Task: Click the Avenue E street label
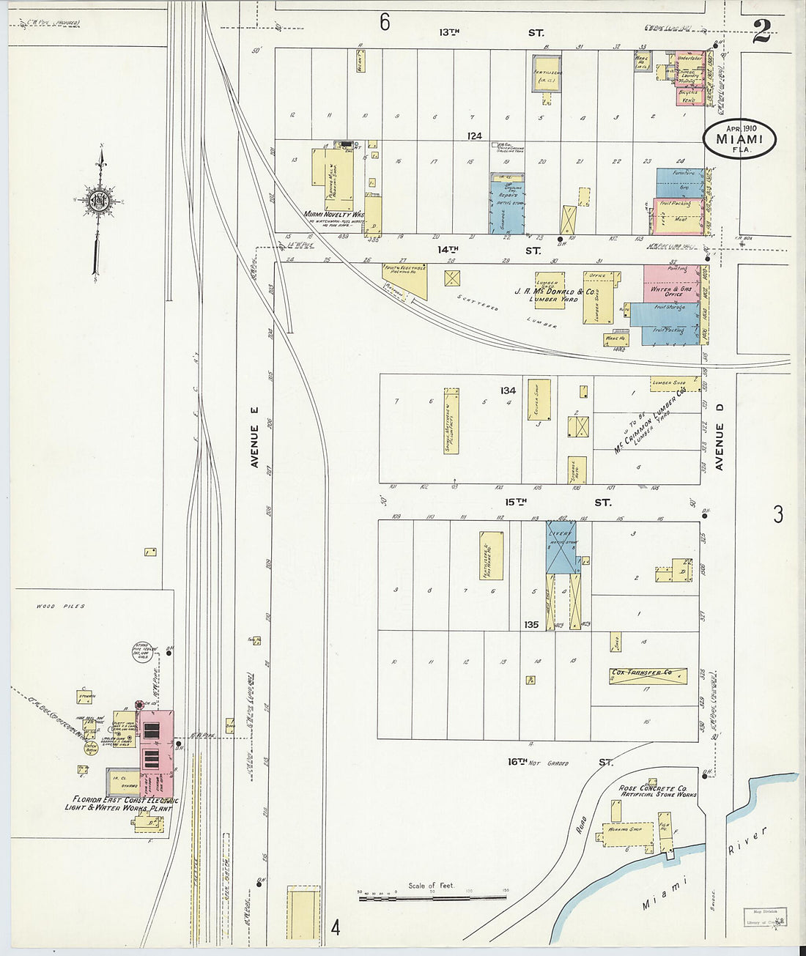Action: pyautogui.click(x=255, y=446)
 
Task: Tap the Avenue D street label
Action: pyautogui.click(x=720, y=446)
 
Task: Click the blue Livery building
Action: pyautogui.click(x=561, y=546)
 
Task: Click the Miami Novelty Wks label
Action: pyautogui.click(x=334, y=215)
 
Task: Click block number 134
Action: pyautogui.click(x=509, y=390)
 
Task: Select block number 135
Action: pyautogui.click(x=531, y=625)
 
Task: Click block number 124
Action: pyautogui.click(x=476, y=136)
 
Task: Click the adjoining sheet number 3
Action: pyautogui.click(x=777, y=514)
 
